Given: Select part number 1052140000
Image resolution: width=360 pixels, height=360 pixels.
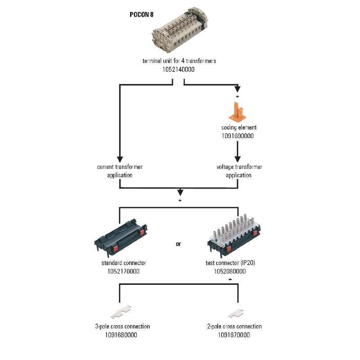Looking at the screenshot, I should pos(179,70).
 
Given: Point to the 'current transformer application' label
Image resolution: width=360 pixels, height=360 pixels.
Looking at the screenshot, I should pos(120,171).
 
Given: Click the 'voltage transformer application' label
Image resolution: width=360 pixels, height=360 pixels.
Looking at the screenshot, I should pos(239,171).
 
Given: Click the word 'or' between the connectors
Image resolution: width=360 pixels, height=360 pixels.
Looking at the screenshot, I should pos(179,244).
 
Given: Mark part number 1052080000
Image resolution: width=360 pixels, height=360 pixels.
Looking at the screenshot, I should pos(230,271).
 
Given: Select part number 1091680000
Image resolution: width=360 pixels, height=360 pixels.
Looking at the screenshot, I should pos(121,335).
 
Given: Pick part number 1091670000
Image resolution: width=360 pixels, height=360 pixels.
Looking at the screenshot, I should pos(234,335).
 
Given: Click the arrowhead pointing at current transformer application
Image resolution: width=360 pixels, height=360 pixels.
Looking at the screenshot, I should pos(120,159).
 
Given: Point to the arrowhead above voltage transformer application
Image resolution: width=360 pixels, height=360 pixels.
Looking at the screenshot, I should pos(238,159).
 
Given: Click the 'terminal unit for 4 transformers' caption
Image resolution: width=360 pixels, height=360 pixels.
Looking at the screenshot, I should pos(179,61).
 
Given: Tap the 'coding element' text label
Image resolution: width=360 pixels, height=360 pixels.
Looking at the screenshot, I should pos(239,127).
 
